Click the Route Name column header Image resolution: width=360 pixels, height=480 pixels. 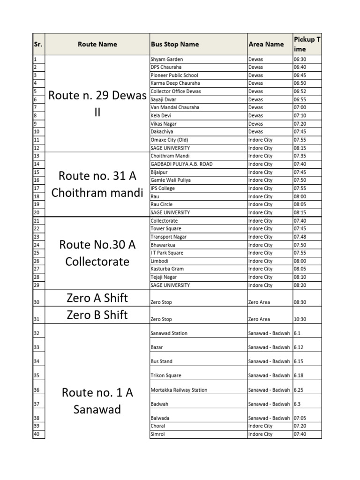pyautogui.click(x=97, y=45)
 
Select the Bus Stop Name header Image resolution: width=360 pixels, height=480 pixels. pyautogui.click(x=174, y=45)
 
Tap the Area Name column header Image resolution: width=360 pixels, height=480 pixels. pyautogui.click(x=266, y=45)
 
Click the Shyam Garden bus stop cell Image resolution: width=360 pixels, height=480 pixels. pyautogui.click(x=166, y=60)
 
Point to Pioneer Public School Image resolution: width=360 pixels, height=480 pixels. pyautogui.click(x=174, y=75)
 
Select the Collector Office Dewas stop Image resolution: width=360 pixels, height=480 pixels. pyautogui.click(x=175, y=91)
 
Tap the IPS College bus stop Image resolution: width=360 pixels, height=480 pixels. pyautogui.click(x=163, y=188)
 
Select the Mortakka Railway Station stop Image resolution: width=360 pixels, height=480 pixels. pyautogui.click(x=179, y=390)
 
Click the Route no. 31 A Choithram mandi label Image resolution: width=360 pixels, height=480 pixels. pyautogui.click(x=97, y=184)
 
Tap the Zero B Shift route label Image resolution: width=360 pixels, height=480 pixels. pyautogui.click(x=97, y=315)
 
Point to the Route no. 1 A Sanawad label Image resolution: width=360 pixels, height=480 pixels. pyautogui.click(x=97, y=401)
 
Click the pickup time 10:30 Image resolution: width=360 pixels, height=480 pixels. pyautogui.click(x=300, y=319)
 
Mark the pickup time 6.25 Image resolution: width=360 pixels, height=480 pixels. pyautogui.click(x=298, y=390)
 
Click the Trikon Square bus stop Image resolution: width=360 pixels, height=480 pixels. pyautogui.click(x=166, y=375)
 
